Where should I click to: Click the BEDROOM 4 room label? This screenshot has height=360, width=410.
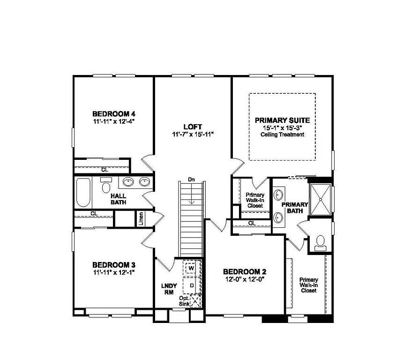(x=114, y=113)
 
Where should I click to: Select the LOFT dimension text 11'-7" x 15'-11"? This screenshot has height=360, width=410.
(x=193, y=134)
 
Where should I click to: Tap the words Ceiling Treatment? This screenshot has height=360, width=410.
(x=282, y=135)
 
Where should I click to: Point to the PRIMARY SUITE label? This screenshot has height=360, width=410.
(x=282, y=120)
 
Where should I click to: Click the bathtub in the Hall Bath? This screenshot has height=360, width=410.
(x=83, y=193)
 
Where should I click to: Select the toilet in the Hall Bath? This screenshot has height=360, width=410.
(x=106, y=186)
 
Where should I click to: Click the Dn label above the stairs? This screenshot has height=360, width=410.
(x=191, y=180)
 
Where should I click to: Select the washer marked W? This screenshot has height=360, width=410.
(x=191, y=268)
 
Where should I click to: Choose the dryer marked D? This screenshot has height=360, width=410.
(x=191, y=285)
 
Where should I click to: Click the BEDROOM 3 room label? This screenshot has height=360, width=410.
(x=114, y=264)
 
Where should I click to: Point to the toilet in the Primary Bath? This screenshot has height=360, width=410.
(x=321, y=241)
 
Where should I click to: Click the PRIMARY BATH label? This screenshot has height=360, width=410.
(x=294, y=208)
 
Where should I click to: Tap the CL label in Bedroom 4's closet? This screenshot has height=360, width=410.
(x=104, y=169)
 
